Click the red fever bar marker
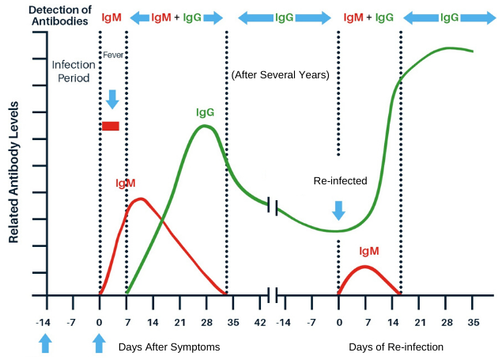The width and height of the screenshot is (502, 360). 110,126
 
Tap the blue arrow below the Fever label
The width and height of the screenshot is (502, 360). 112,99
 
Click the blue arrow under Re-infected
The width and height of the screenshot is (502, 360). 338,210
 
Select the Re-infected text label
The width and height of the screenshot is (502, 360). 340,180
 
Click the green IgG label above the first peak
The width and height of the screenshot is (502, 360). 206,112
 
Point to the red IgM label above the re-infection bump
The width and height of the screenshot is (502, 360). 368,251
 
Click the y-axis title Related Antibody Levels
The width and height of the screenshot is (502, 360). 14,171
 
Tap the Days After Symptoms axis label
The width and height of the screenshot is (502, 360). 169,347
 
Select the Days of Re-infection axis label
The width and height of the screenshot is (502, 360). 396,347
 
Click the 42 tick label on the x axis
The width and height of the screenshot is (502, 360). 259,322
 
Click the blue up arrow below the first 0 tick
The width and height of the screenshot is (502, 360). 99,343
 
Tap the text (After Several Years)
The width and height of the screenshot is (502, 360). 280,75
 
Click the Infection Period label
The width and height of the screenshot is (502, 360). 73,71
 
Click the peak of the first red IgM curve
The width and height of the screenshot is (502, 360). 140,199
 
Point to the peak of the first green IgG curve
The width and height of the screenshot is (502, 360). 206,126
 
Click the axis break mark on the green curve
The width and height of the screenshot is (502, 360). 273,206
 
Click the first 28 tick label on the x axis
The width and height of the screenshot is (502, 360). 206,322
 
